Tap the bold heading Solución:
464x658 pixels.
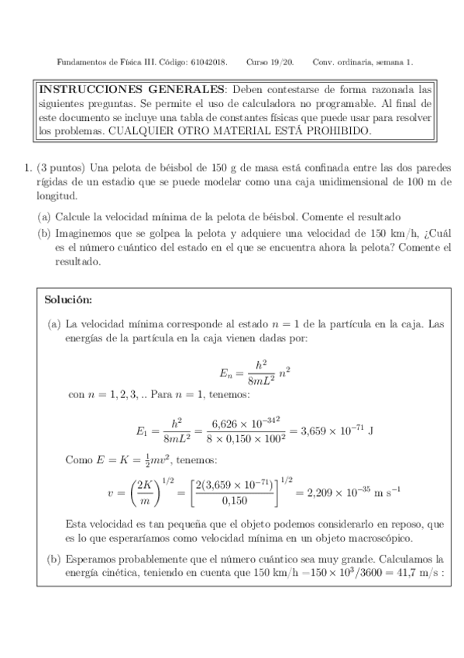(x=68, y=299)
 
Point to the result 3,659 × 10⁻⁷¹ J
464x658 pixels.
(x=328, y=429)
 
